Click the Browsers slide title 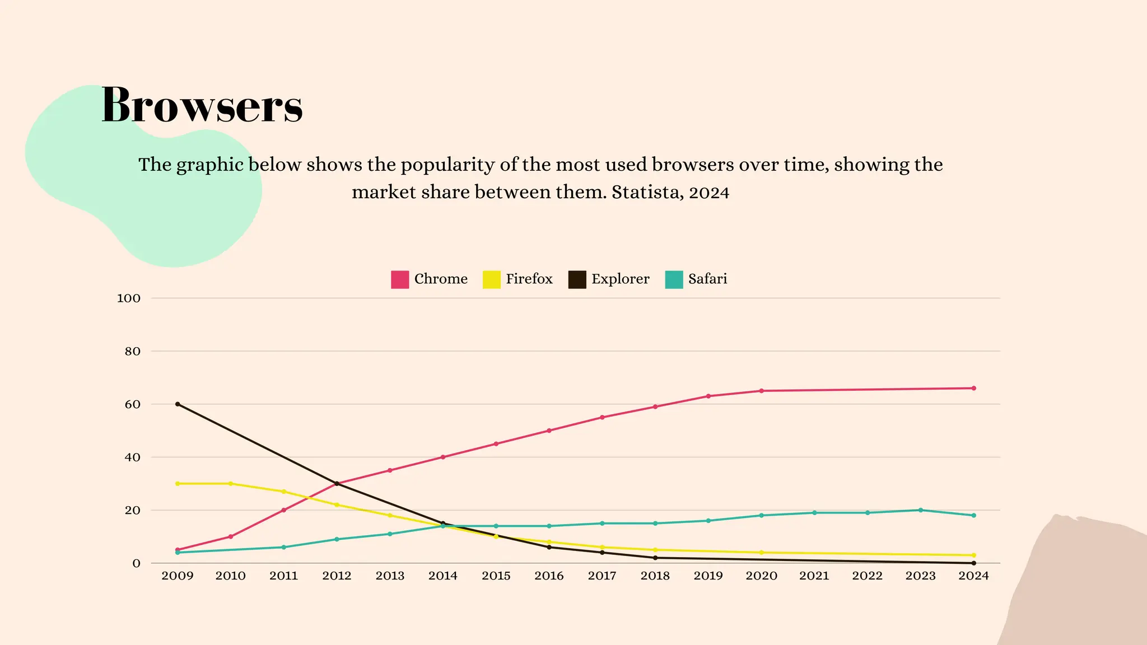click(202, 105)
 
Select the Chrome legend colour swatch click(400, 279)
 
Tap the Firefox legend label click(529, 279)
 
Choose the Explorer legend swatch click(577, 279)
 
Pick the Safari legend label click(707, 279)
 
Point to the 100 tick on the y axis click(128, 298)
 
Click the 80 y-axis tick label click(132, 352)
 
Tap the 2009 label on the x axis click(178, 576)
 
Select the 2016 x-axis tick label click(549, 576)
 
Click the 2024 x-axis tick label click(973, 576)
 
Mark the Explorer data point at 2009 click(178, 404)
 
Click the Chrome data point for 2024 click(973, 388)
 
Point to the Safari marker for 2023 click(921, 510)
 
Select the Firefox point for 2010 click(231, 484)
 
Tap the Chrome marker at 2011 click(284, 510)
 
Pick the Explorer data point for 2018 click(655, 558)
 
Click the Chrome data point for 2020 click(761, 391)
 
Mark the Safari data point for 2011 click(284, 547)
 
